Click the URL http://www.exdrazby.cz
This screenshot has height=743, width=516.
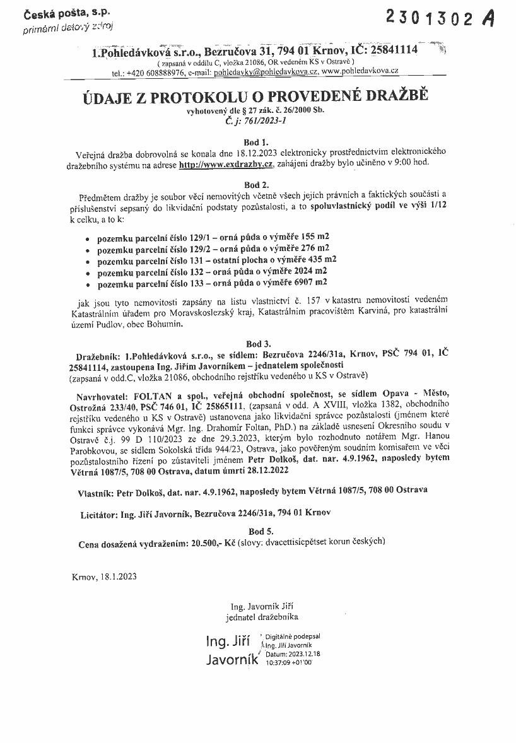[226, 164]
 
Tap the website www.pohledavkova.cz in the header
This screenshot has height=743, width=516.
[360, 73]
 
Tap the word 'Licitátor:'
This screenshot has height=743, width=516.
[100, 515]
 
